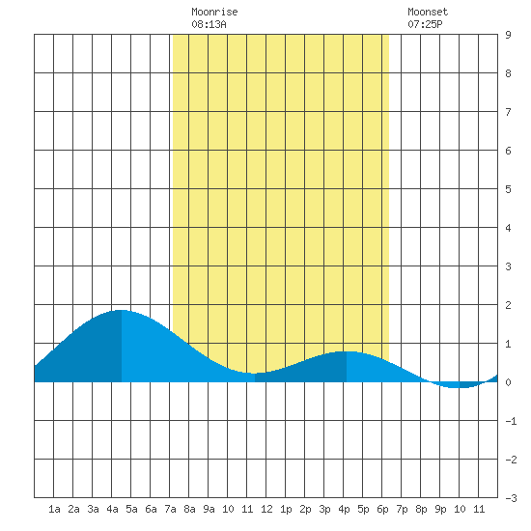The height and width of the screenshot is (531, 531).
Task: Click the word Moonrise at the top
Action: click(x=214, y=12)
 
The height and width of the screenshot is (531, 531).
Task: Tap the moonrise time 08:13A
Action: click(x=209, y=24)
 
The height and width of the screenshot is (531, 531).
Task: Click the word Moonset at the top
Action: click(x=428, y=12)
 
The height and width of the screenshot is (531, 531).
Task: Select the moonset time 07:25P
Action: click(x=425, y=24)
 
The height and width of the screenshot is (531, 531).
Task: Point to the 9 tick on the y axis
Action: click(x=508, y=35)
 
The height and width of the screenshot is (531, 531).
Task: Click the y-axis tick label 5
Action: click(x=508, y=189)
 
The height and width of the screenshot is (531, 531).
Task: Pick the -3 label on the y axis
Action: click(x=511, y=498)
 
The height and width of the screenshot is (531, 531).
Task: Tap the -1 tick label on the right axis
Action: click(x=511, y=421)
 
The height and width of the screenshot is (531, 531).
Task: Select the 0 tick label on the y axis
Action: click(x=508, y=382)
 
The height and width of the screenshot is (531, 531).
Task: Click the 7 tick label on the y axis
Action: click(x=508, y=112)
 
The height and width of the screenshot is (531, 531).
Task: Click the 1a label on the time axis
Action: click(x=54, y=509)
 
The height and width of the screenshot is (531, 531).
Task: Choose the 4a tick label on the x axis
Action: click(x=112, y=509)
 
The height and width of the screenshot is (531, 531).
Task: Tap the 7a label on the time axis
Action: click(x=170, y=509)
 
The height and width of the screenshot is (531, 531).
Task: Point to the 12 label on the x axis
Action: click(x=266, y=509)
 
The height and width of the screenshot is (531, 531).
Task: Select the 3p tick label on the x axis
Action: click(x=324, y=509)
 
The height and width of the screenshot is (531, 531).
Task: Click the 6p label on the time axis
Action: click(x=382, y=509)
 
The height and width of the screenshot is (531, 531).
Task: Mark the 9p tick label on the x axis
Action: click(x=440, y=509)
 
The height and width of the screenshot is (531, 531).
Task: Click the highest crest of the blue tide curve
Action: click(x=121, y=310)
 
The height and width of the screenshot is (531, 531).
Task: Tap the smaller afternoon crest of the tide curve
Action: click(x=347, y=351)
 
